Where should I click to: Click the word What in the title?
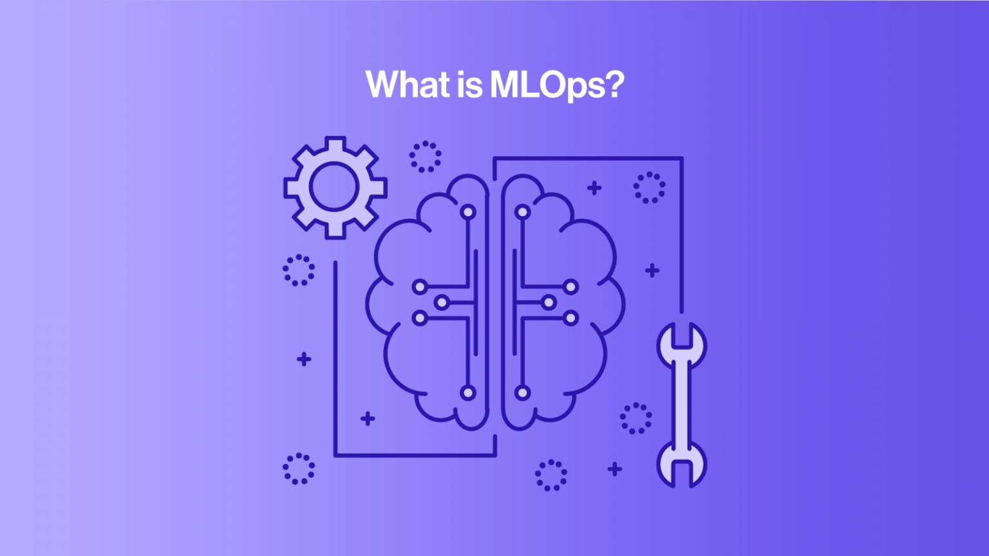point(403,84)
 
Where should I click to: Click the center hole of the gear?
point(334,187)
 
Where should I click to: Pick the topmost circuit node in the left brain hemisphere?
point(468,212)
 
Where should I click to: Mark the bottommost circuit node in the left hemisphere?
point(468,393)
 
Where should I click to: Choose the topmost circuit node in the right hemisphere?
point(522,212)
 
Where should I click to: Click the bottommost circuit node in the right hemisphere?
point(522,393)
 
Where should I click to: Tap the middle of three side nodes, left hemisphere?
point(442,302)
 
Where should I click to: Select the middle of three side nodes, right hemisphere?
point(549,302)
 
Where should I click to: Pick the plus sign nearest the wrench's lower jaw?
point(615,468)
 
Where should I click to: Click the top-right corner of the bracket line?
point(681,158)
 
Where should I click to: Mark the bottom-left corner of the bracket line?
point(335,455)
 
